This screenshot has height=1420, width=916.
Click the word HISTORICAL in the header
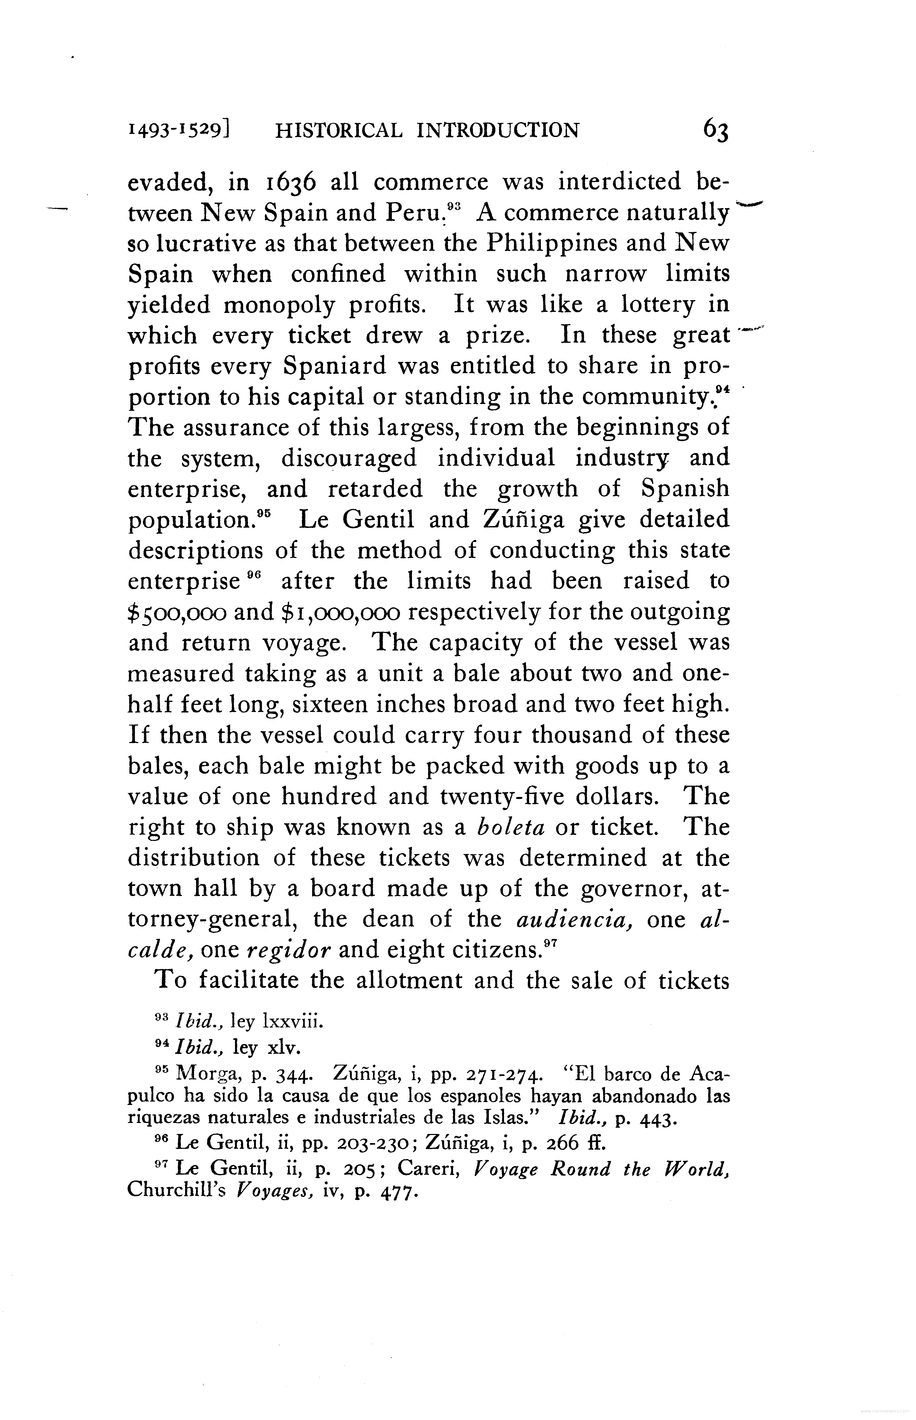coord(338,130)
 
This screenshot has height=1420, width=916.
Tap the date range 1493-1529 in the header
coord(179,130)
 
